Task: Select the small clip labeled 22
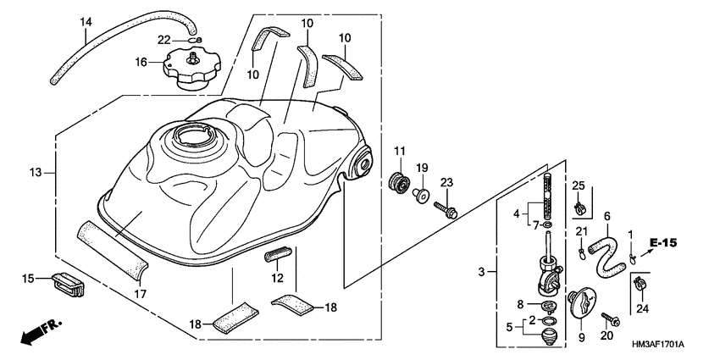[x=195, y=40]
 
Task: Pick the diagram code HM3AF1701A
[x=658, y=344]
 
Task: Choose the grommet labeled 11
[x=396, y=180]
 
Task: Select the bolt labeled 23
[x=446, y=208]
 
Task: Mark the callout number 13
[x=35, y=173]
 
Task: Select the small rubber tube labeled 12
[x=280, y=253]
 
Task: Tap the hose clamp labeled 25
[x=581, y=207]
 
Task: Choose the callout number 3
[x=481, y=272]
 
